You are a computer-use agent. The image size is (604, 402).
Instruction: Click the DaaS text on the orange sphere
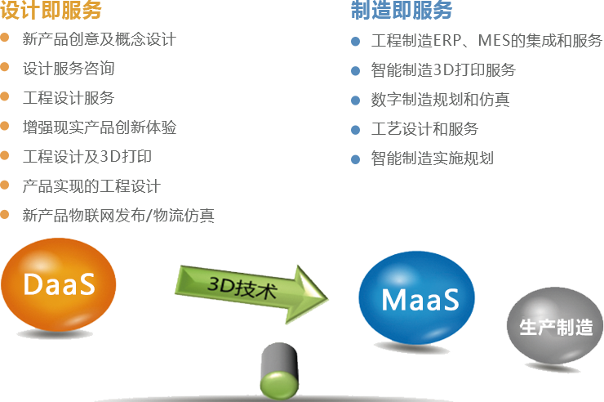pyautogui.click(x=59, y=285)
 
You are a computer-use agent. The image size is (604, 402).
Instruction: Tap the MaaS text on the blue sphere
pyautogui.click(x=420, y=299)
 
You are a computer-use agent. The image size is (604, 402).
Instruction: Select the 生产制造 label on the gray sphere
pyautogui.click(x=556, y=328)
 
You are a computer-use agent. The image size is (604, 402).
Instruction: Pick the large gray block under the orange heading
pyautogui.click(x=116, y=123)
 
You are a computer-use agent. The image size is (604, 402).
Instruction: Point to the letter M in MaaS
pyautogui.click(x=393, y=299)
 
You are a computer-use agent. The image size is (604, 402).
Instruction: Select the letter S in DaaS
pyautogui.click(x=87, y=285)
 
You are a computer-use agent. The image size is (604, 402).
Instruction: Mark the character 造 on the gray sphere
pyautogui.click(x=583, y=328)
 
